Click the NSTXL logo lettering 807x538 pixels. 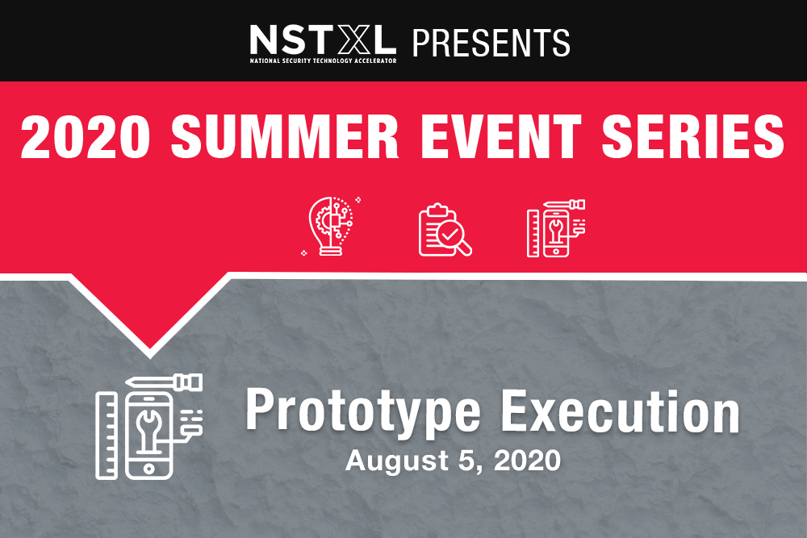pos(323,40)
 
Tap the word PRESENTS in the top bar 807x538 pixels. pos(491,43)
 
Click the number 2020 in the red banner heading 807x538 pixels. pos(86,136)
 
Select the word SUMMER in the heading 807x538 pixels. pos(285,136)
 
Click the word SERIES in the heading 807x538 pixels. pos(692,136)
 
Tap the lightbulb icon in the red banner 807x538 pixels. pos(331,227)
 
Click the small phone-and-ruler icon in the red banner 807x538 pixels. pos(556,228)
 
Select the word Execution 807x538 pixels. pos(620,410)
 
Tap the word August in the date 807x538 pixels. pos(397,461)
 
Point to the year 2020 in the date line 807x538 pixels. pos(527,461)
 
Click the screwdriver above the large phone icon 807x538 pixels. pos(164,382)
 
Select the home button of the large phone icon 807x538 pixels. pos(148,468)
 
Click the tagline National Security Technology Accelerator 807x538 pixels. pos(324,60)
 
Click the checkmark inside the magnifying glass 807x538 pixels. pos(449,234)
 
